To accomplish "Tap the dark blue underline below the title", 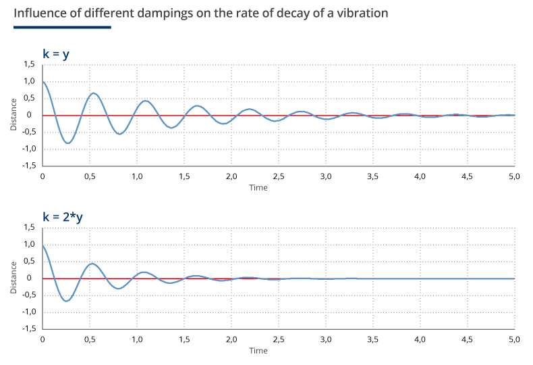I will [62, 28].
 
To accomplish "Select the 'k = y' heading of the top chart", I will [56, 54].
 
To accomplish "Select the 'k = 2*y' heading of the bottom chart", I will [63, 217].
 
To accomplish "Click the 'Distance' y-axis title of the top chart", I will [13, 116].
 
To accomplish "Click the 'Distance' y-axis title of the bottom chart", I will [13, 278].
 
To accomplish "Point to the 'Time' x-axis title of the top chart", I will [258, 187].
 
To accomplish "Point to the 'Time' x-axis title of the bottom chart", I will [258, 350].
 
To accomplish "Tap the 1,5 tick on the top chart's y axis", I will [28, 64].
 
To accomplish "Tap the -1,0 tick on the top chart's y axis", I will [27, 149].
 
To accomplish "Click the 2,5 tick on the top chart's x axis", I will [278, 176].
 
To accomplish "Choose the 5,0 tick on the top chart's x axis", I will [513, 176].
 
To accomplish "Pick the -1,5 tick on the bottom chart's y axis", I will [27, 328].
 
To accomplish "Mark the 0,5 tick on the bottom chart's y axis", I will [28, 261].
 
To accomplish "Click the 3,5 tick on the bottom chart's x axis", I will [372, 339].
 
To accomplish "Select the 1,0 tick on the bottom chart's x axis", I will [137, 339].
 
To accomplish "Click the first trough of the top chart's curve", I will [67, 143].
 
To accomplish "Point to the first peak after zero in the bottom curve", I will [92, 264].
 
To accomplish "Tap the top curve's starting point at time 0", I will [43, 82].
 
